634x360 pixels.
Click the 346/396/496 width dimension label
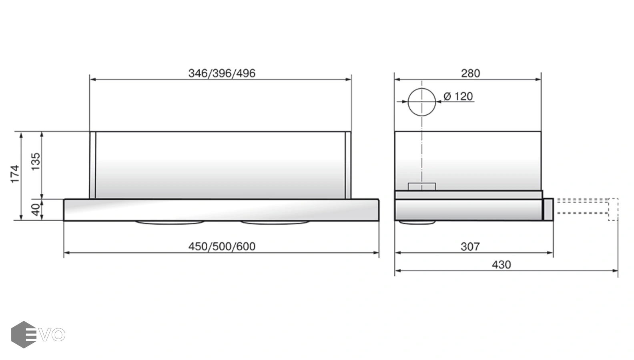pyautogui.click(x=222, y=73)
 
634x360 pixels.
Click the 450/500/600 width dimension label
pyautogui.click(x=222, y=246)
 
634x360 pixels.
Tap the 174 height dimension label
pyautogui.click(x=15, y=174)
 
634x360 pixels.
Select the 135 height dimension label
pyautogui.click(x=36, y=162)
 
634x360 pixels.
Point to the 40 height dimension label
pyautogui.click(x=36, y=210)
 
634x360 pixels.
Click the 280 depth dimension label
pyautogui.click(x=470, y=73)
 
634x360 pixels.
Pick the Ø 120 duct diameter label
pyautogui.click(x=458, y=96)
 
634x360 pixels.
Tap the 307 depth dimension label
pyautogui.click(x=470, y=246)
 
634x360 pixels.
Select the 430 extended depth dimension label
pyautogui.click(x=501, y=265)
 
